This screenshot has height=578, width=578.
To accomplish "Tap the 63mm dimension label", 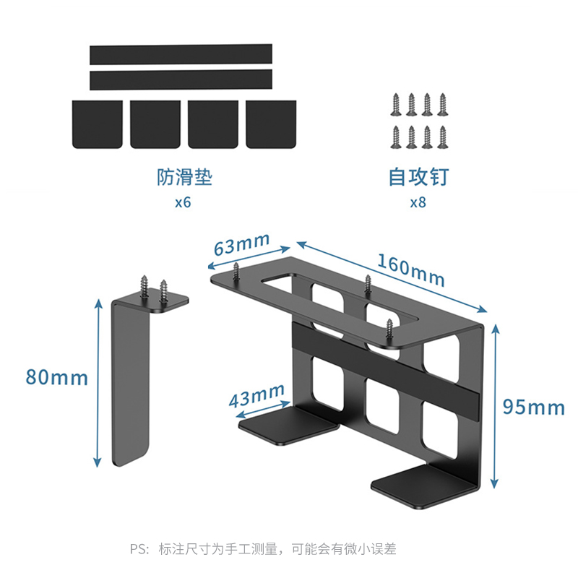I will [x=241, y=246].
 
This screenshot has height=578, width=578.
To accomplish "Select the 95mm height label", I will [x=533, y=407].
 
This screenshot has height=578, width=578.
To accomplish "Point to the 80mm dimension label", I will [x=56, y=377].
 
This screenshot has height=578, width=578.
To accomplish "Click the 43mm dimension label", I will [x=256, y=397].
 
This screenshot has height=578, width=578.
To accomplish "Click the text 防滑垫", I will [x=184, y=177].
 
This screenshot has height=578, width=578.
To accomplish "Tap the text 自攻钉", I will [x=418, y=177].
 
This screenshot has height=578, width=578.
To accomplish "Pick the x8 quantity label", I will [x=418, y=202].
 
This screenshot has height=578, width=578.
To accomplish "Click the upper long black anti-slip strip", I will [x=181, y=54].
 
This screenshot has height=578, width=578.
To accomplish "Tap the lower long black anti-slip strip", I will [x=181, y=79].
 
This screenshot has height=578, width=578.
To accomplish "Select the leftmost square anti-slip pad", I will [x=98, y=124].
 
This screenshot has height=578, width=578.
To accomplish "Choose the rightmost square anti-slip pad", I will [x=271, y=124].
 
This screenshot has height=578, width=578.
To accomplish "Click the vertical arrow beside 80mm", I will [x=98, y=383].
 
